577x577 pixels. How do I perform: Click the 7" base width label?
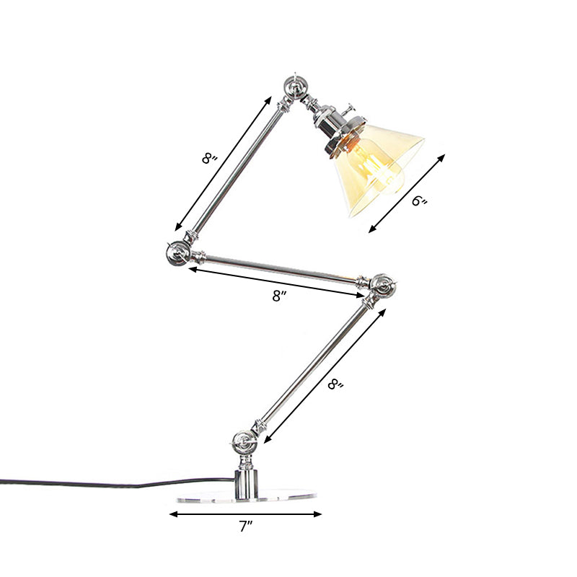click(246, 529)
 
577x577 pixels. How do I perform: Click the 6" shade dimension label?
click(420, 201)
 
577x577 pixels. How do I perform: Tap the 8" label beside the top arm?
click(209, 158)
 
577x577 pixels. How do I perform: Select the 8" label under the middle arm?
click(281, 296)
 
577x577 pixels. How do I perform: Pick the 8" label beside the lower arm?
click(335, 385)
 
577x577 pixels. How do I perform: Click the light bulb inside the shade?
click(386, 173)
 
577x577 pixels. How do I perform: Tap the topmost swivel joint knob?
click(296, 85)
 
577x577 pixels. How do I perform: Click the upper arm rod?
click(238, 166)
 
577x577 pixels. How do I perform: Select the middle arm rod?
click(281, 268)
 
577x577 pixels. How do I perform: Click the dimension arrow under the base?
click(245, 514)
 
